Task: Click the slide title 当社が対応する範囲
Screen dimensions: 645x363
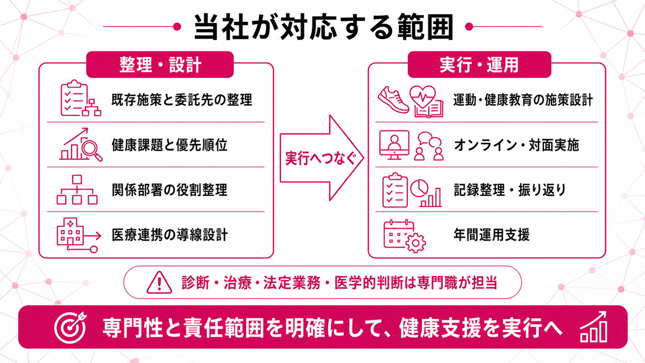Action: click(324, 27)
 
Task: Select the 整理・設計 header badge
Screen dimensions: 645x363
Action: click(160, 64)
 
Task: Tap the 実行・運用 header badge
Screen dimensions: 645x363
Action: click(480, 64)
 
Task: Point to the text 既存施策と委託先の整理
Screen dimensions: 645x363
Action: click(182, 100)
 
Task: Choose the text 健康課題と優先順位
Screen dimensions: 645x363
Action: click(170, 145)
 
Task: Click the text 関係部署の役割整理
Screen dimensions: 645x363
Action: click(170, 190)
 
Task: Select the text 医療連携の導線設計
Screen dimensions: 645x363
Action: click(170, 235)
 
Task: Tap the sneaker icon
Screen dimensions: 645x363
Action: click(393, 100)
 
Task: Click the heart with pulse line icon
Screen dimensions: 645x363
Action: click(422, 96)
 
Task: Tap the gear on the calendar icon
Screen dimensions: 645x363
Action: click(415, 243)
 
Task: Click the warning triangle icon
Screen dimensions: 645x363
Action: click(159, 282)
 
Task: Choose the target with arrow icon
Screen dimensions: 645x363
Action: click(71, 327)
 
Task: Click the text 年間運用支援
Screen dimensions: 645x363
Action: click(491, 235)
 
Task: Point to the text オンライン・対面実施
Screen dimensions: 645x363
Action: click(517, 145)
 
